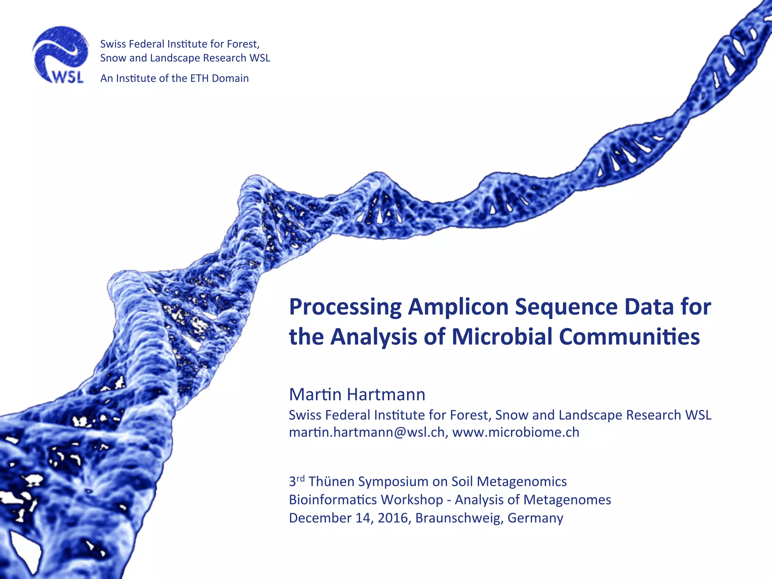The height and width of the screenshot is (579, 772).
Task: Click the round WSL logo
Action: [60, 55]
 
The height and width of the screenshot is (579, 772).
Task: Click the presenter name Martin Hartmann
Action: [357, 395]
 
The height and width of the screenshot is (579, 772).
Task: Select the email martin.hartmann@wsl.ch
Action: [367, 432]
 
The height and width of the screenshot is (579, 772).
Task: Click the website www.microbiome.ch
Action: [516, 432]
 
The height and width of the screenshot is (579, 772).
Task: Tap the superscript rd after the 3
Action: [300, 478]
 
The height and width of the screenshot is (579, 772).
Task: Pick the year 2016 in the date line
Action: [392, 518]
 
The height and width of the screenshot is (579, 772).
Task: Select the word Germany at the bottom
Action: [535, 518]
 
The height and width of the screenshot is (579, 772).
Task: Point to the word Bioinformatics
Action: [328, 500]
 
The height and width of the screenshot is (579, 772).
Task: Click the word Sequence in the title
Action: [566, 307]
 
